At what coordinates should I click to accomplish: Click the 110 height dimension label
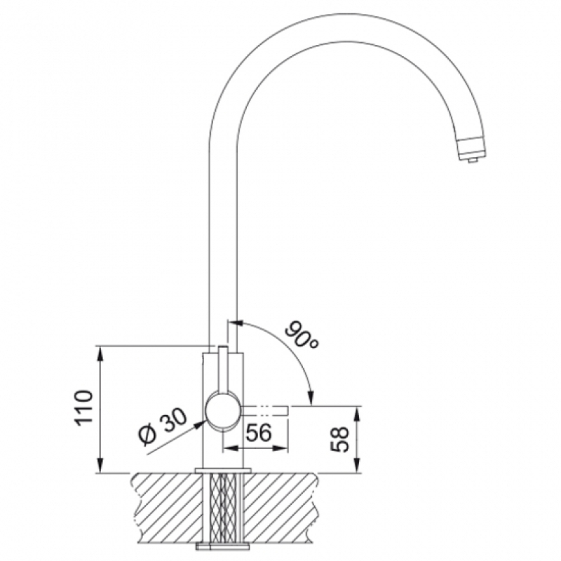point(83,408)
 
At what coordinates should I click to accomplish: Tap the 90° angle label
point(302,337)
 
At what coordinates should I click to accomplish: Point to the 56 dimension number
point(259,433)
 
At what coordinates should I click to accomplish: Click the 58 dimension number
point(339,440)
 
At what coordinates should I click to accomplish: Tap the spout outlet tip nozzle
point(472,150)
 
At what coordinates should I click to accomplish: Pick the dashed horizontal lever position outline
point(266,410)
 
